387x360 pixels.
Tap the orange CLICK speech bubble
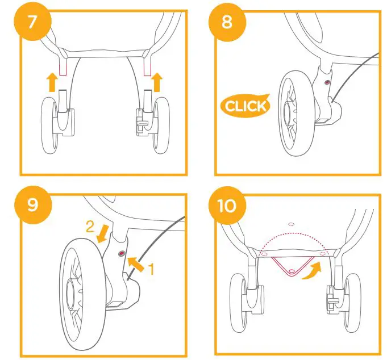[245, 105]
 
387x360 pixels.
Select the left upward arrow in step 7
[52, 83]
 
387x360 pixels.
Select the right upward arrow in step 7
[157, 83]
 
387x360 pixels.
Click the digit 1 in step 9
[151, 270]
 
